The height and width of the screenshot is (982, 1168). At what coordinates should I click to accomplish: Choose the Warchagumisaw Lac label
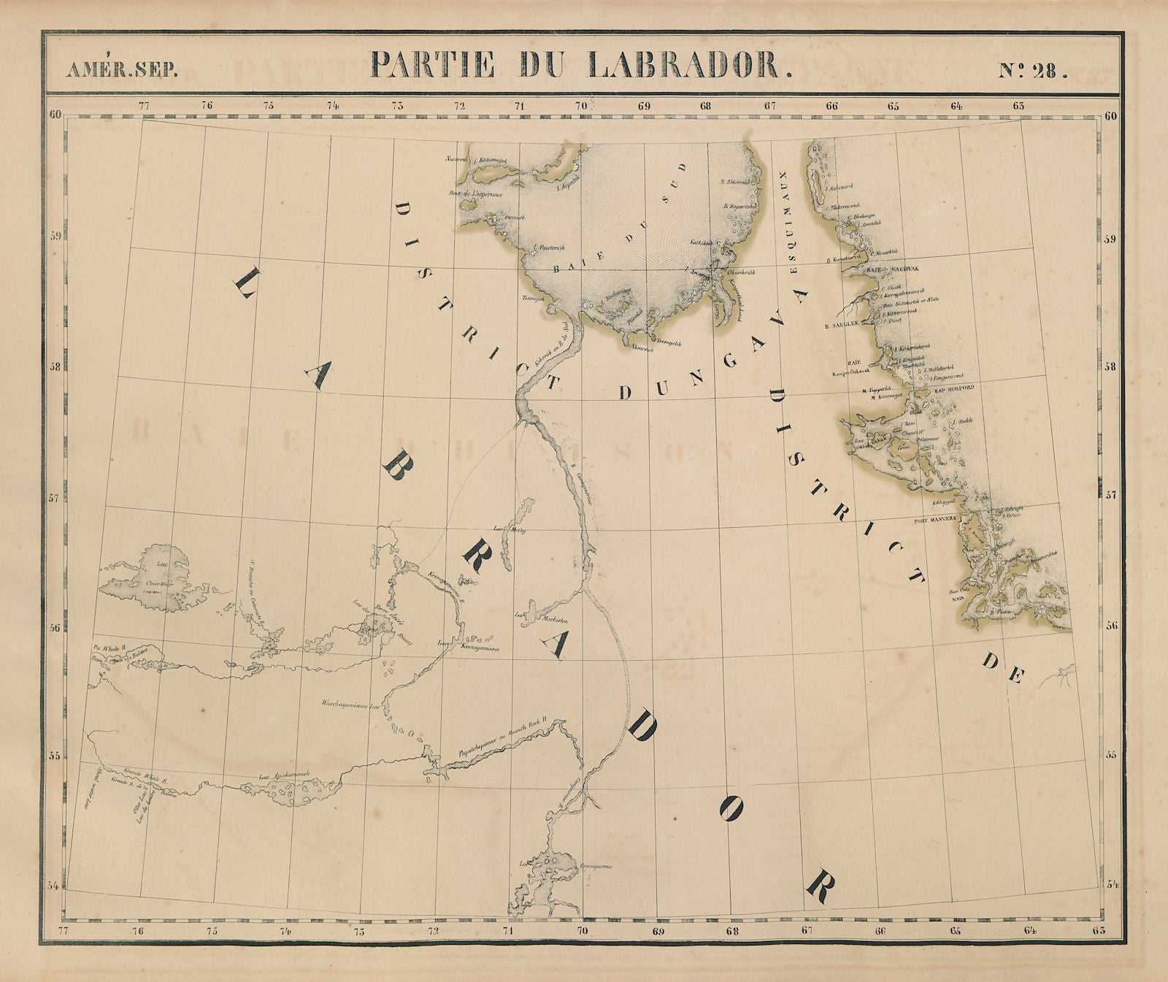pyautogui.click(x=350, y=706)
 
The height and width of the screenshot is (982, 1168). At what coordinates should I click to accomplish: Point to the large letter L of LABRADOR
pyautogui.click(x=246, y=283)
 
